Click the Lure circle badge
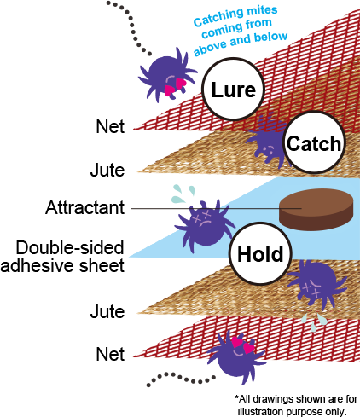(233, 89)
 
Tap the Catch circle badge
(314, 142)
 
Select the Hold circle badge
(260, 253)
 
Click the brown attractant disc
(316, 210)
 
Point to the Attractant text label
(84, 207)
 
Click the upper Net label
(110, 126)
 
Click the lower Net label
(110, 354)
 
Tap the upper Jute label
(107, 170)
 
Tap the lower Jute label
(107, 311)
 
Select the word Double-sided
(70, 247)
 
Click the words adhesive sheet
(62, 266)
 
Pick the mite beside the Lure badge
(167, 74)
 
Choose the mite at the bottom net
(238, 356)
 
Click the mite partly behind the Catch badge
(266, 142)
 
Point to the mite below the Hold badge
(316, 285)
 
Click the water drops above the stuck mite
(183, 194)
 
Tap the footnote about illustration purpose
(296, 405)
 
